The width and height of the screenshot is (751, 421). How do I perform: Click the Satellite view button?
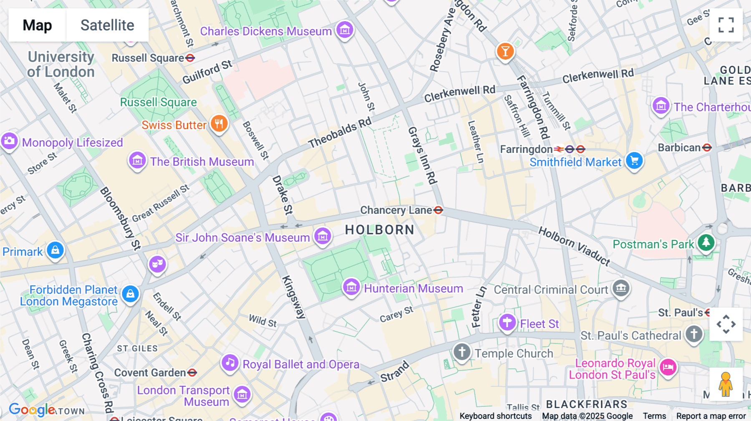coord(107,25)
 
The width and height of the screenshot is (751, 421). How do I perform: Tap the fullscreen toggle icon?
coord(726,25)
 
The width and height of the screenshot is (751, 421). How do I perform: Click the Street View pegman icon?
coord(726,384)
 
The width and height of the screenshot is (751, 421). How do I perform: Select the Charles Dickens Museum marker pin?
coord(345,30)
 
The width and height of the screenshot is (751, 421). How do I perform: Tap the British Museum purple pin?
coord(137,160)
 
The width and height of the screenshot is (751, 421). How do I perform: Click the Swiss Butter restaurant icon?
coord(219,124)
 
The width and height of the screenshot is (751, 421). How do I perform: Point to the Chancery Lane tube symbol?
coord(438,210)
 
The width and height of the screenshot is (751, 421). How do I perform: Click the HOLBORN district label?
coord(380,230)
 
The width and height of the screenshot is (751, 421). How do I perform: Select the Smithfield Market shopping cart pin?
coord(634,160)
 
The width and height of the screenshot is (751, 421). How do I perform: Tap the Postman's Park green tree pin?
coord(706,242)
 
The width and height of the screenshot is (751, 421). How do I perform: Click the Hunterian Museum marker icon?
coord(351,287)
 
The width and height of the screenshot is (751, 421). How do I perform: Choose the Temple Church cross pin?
coord(462,352)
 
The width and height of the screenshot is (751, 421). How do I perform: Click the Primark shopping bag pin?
coord(55,250)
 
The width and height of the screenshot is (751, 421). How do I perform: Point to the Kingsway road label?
coord(294,297)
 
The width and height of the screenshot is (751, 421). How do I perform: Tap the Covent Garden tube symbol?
coord(192,373)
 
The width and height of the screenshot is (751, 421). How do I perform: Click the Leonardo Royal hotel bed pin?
coord(668,367)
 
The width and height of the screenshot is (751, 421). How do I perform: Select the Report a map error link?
coord(711,416)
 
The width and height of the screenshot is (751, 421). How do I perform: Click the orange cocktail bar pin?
coord(505,51)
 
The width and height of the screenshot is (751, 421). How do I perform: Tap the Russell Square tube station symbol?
coord(190,58)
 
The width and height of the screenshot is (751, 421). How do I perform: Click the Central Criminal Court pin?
coord(621,288)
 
